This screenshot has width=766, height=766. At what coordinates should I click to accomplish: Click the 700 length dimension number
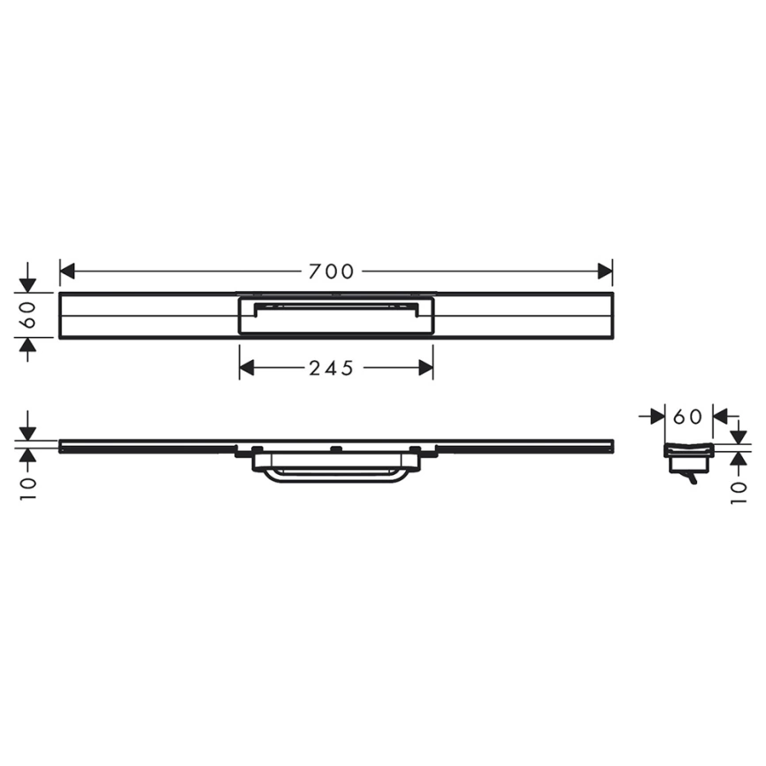pyautogui.click(x=331, y=272)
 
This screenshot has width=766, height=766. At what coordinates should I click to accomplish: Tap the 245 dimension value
pyautogui.click(x=331, y=368)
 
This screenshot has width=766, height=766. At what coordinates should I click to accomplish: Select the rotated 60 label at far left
pyautogui.click(x=29, y=315)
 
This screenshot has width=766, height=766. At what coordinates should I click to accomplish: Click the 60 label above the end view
pyautogui.click(x=687, y=417)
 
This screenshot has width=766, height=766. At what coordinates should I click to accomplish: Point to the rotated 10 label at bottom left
pyautogui.click(x=29, y=488)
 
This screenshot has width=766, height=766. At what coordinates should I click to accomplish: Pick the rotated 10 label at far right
pyautogui.click(x=739, y=494)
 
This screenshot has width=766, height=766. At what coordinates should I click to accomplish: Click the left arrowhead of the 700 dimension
pyautogui.click(x=67, y=272)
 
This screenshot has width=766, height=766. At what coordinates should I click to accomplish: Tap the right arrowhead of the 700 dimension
pyautogui.click(x=605, y=272)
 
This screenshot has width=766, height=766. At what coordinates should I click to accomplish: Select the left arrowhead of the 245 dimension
pyautogui.click(x=247, y=368)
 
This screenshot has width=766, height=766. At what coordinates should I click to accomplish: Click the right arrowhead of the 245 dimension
pyautogui.click(x=426, y=368)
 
